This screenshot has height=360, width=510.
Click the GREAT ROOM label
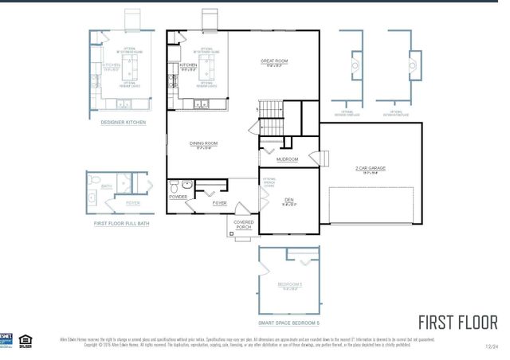click(x=273, y=61)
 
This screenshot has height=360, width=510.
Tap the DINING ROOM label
click(x=204, y=143)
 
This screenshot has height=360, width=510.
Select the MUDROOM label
click(x=287, y=159)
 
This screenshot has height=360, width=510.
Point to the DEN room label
click(x=288, y=200)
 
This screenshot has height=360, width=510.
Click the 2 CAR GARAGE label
click(x=371, y=168)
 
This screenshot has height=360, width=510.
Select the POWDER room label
click(x=178, y=197)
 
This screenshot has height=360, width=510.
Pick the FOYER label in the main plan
click(x=220, y=203)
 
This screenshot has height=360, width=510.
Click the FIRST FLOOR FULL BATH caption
click(x=122, y=224)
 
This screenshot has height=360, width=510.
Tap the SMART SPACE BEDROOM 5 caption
click(x=288, y=323)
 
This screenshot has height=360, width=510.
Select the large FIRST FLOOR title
click(x=457, y=323)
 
